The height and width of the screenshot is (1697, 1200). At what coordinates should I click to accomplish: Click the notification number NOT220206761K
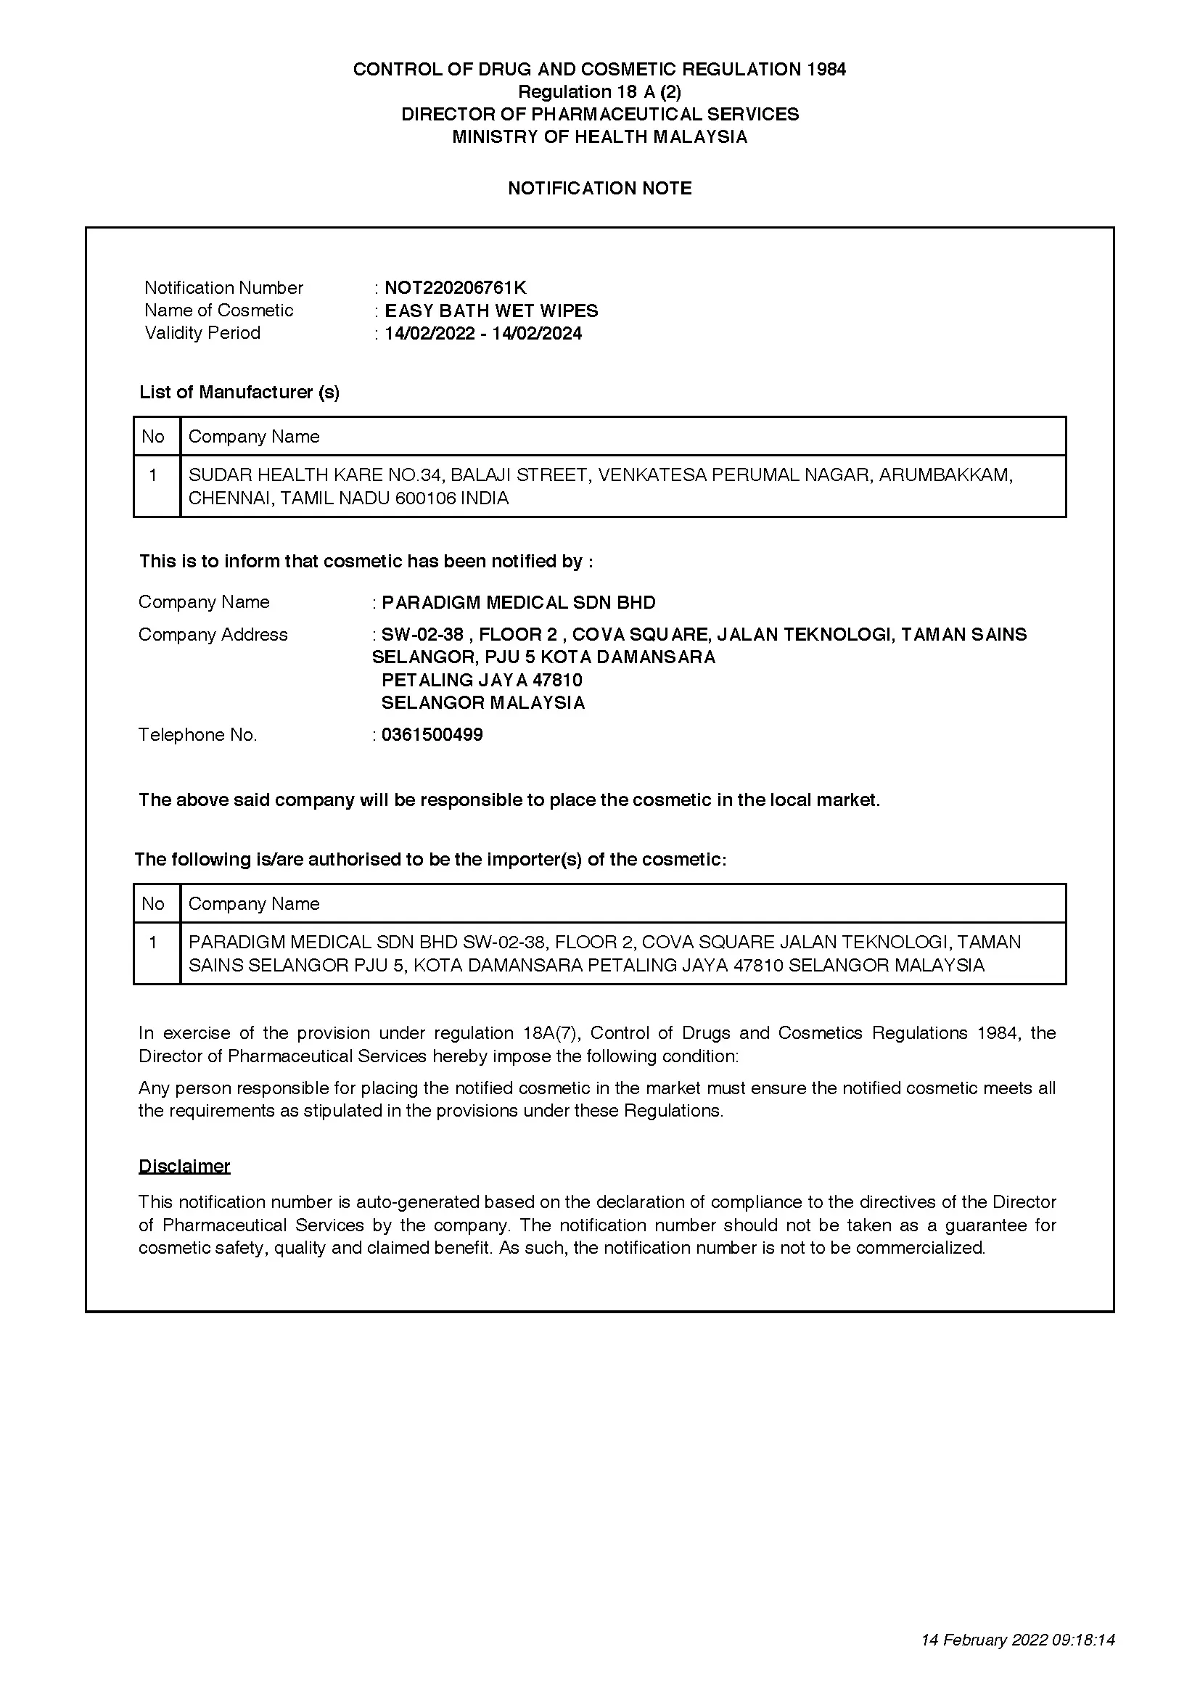455,287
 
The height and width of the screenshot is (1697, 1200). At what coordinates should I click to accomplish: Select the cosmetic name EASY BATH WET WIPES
491,311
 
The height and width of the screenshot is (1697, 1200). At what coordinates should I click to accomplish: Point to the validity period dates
482,333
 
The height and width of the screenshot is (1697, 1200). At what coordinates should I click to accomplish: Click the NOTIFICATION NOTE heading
599,189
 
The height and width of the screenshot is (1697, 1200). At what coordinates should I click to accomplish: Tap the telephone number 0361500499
432,735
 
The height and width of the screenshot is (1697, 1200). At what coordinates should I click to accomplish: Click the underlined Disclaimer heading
184,1166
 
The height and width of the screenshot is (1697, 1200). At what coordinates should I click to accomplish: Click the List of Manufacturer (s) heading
239,392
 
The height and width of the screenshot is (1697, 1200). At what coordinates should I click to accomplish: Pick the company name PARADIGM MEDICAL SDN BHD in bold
519,602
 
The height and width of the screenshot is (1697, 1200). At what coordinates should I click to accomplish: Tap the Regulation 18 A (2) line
599,91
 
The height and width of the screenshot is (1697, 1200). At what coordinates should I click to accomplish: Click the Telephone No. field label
197,735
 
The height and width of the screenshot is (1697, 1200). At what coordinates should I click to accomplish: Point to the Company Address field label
213,634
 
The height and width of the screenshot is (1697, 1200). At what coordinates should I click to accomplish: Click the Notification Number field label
223,287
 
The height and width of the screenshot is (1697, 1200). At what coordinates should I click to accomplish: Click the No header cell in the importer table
153,903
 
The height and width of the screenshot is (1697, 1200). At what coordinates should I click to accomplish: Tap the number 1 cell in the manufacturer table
153,475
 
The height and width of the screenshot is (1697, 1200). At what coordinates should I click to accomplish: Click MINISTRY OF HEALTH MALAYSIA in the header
599,136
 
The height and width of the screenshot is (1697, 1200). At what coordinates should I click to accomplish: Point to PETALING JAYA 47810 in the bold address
482,680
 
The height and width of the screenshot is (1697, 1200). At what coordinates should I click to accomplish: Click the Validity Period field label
202,332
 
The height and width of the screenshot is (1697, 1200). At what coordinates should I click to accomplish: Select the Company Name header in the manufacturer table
253,436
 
